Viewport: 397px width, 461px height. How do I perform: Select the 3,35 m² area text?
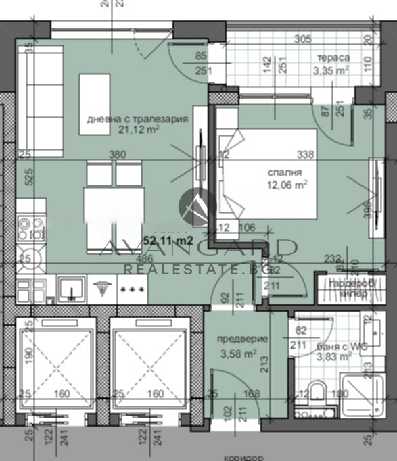pyautogui.click(x=330, y=69)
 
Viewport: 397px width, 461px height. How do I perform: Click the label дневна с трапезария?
pyautogui.click(x=137, y=120)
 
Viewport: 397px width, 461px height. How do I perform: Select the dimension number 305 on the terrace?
pyautogui.click(x=302, y=39)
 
